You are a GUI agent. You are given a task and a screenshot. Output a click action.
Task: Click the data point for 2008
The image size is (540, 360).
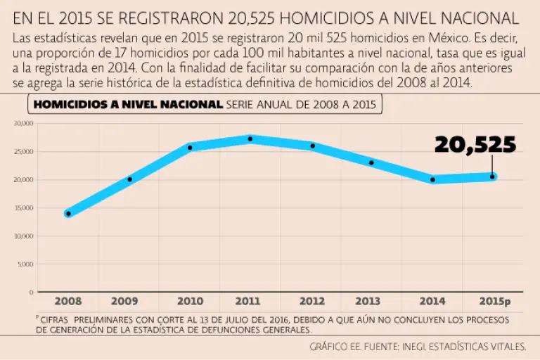click(68, 213)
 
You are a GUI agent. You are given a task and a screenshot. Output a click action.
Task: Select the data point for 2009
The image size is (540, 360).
click(129, 179)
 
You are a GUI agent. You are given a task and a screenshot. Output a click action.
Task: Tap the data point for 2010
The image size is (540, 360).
click(190, 148)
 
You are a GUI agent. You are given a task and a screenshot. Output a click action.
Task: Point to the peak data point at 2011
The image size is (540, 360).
click(250, 139)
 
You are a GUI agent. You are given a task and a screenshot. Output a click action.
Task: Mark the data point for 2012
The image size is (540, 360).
click(312, 146)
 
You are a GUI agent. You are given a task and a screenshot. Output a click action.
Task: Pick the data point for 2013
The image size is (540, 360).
click(371, 162)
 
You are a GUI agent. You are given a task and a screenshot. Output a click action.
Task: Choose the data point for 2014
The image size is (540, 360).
click(432, 179)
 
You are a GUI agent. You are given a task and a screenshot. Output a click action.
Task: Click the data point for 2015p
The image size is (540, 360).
click(492, 176)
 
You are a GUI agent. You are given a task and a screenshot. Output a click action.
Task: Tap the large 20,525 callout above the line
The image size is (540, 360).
click(475, 144)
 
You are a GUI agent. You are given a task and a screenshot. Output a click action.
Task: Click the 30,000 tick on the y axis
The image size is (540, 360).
click(24, 123)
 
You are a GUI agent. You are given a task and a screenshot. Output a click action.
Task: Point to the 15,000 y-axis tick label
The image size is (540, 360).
click(24, 207)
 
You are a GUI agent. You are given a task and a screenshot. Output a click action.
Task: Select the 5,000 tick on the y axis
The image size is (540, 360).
click(25, 264)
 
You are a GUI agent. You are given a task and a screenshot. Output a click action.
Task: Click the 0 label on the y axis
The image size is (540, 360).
click(31, 292)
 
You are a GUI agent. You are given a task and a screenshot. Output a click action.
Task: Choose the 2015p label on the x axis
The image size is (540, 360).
click(495, 302)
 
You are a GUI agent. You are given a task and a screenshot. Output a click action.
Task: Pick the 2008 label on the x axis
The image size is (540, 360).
click(68, 302)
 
